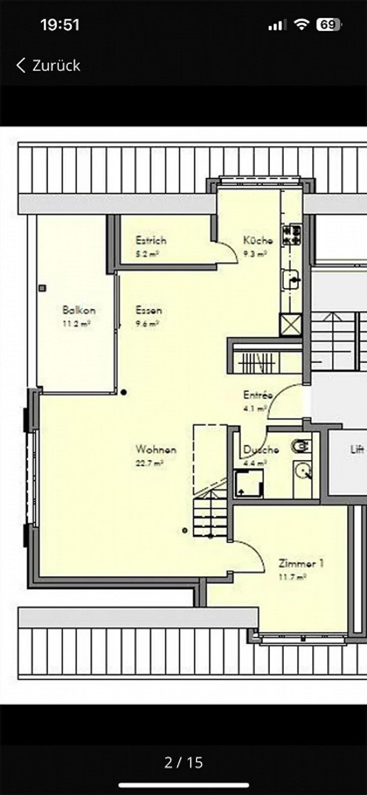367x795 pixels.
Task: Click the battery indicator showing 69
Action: tap(328, 25)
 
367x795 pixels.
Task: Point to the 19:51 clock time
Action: tap(60, 25)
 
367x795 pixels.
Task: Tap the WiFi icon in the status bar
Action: tap(301, 25)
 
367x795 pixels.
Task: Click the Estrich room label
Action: tap(151, 240)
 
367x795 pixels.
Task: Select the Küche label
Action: tap(258, 240)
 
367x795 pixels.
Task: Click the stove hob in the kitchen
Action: tap(291, 236)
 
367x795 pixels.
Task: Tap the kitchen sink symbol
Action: tap(290, 279)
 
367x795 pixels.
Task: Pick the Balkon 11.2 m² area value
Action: tap(76, 324)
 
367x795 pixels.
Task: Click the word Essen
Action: tap(149, 310)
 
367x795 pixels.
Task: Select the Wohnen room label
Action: tap(156, 449)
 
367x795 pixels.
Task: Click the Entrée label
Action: tap(258, 395)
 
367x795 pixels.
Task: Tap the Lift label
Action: tap(357, 449)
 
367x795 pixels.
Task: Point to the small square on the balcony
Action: tap(43, 288)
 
